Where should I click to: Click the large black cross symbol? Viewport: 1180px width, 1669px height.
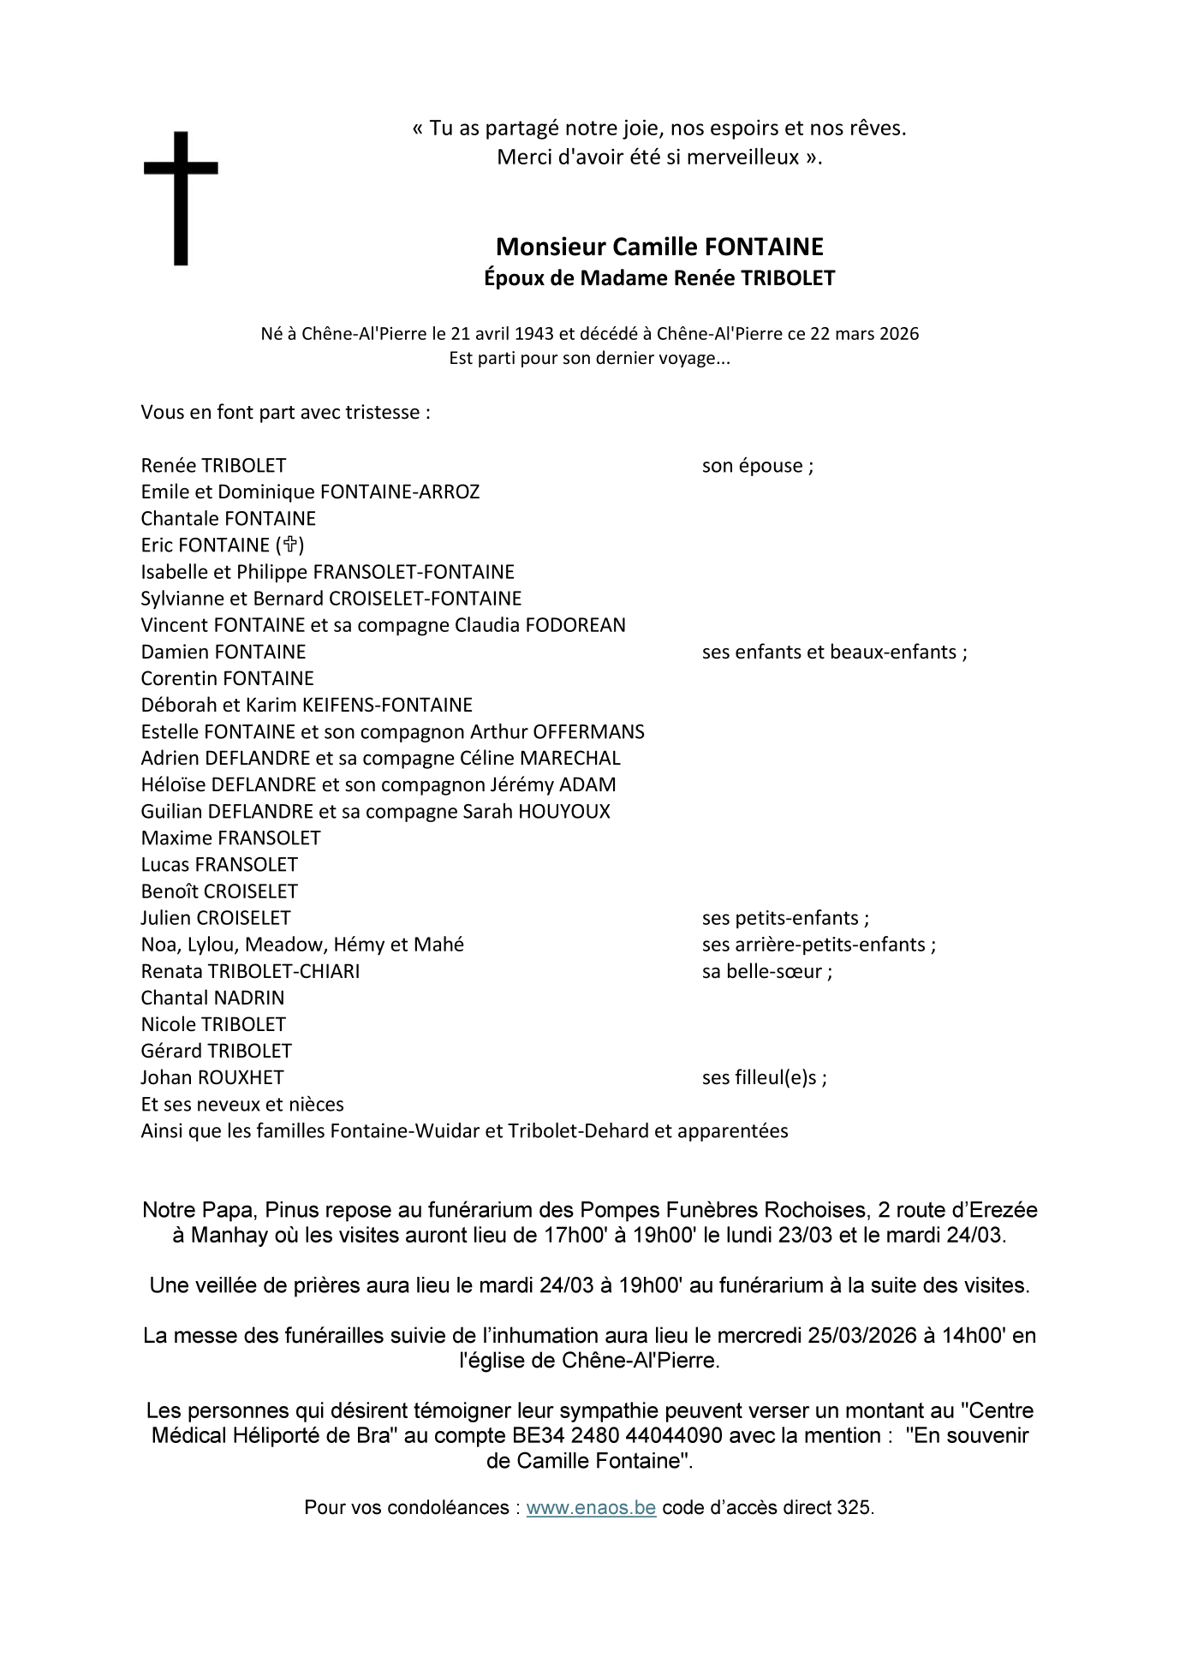[x=180, y=197]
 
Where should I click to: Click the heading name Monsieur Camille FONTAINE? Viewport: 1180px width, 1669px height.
[x=659, y=247]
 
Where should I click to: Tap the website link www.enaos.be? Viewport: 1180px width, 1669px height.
[x=591, y=1532]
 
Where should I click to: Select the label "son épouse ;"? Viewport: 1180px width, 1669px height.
[x=757, y=466]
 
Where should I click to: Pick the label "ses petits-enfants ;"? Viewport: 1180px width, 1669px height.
[x=785, y=918]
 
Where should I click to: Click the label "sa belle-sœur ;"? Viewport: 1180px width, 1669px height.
[x=766, y=971]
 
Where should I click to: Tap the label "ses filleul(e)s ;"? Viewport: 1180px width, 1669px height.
[x=764, y=1077]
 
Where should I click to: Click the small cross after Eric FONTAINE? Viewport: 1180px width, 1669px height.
[x=290, y=545]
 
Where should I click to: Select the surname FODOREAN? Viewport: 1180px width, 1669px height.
[x=575, y=625]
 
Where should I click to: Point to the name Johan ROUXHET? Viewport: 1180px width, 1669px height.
[x=212, y=1077]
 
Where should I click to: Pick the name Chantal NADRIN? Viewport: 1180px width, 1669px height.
[x=212, y=998]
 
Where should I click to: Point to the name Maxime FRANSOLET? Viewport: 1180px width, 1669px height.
[x=230, y=838]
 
